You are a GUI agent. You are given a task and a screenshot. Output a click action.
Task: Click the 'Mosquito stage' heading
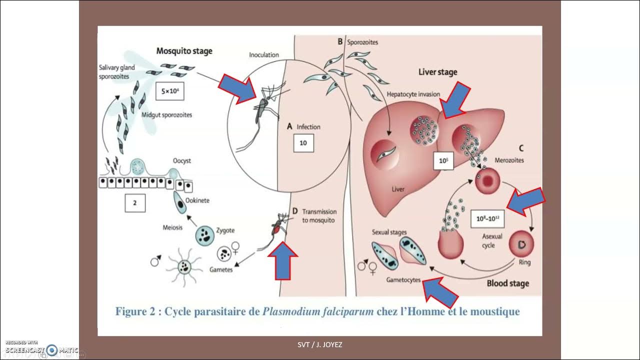point(184,50)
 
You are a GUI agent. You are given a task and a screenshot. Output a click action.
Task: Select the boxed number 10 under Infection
point(303,143)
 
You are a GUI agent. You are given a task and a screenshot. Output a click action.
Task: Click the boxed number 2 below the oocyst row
point(135,203)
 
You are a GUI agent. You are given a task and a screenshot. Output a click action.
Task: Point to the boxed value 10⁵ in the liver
point(442,161)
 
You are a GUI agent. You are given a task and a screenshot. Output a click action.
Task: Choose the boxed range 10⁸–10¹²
point(487,218)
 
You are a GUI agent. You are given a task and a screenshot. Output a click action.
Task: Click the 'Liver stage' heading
point(437,72)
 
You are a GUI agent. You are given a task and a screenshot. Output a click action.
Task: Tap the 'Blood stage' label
point(507,283)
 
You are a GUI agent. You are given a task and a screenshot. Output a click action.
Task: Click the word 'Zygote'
point(224,230)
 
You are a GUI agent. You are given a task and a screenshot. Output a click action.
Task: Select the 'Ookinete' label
point(197,200)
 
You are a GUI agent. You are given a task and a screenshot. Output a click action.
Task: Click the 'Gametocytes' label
point(403,280)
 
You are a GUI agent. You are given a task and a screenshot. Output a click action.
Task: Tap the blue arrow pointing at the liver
point(455,100)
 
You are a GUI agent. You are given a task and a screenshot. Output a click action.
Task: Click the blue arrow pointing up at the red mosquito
point(283,260)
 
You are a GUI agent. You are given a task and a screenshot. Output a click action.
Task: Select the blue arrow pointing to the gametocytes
point(440,292)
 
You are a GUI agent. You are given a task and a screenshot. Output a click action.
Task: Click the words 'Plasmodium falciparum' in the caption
point(318,312)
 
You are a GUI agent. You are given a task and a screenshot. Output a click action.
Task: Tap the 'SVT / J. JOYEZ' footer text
point(320,344)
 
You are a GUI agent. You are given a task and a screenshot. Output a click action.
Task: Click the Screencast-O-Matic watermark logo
point(51,350)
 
